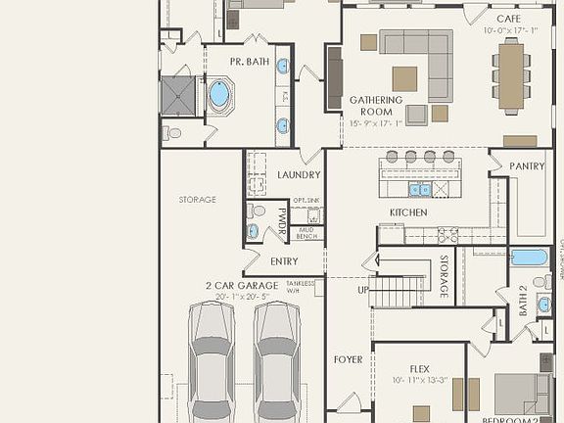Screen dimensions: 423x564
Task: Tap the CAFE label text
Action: pos(508,19)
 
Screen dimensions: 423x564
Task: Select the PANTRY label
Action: pos(527,166)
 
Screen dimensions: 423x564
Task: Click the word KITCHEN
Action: pos(409,212)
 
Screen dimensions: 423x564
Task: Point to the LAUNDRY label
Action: pos(299,175)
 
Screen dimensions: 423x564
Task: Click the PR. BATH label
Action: pos(250,62)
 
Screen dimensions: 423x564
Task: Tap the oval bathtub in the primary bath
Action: pos(219,95)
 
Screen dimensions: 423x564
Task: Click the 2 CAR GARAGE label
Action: pos(241,285)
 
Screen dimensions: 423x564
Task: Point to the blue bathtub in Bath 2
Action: pos(529,258)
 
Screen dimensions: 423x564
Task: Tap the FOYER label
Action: pos(348,359)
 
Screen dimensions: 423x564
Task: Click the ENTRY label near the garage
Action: pos(284,261)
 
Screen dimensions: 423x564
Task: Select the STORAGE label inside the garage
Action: pos(197,200)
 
